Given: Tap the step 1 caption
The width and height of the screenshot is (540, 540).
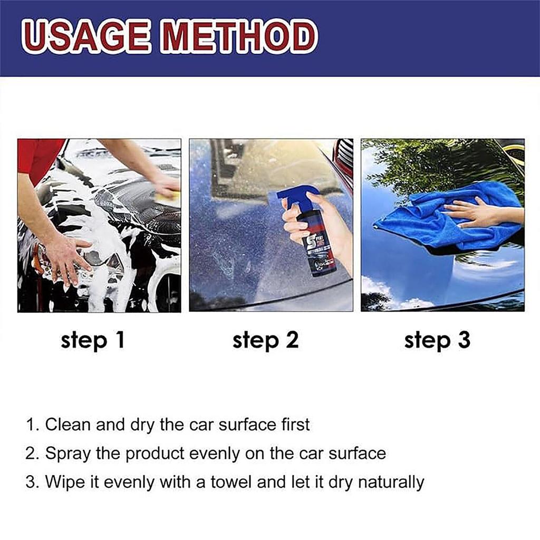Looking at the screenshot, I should point(93,340).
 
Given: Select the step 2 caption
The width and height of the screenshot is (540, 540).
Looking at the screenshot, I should point(265,340).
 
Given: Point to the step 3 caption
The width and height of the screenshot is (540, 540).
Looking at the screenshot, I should point(437,340).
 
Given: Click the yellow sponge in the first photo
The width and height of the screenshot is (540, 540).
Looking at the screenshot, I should point(168,196).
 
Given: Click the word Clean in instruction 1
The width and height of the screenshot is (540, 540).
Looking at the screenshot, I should point(67,425).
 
